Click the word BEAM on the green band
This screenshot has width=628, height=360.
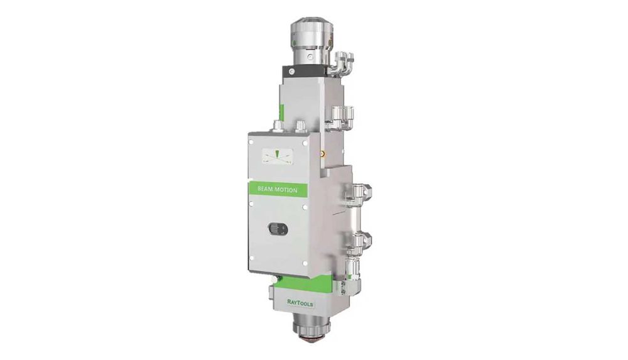click(x=265, y=189)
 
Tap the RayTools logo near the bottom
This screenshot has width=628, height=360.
click(x=300, y=303)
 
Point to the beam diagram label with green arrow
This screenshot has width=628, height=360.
click(x=277, y=156)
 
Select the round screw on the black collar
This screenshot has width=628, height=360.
click(x=293, y=72)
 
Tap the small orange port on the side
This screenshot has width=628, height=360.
click(x=320, y=153)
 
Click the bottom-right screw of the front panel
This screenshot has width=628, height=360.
click(x=305, y=263)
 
